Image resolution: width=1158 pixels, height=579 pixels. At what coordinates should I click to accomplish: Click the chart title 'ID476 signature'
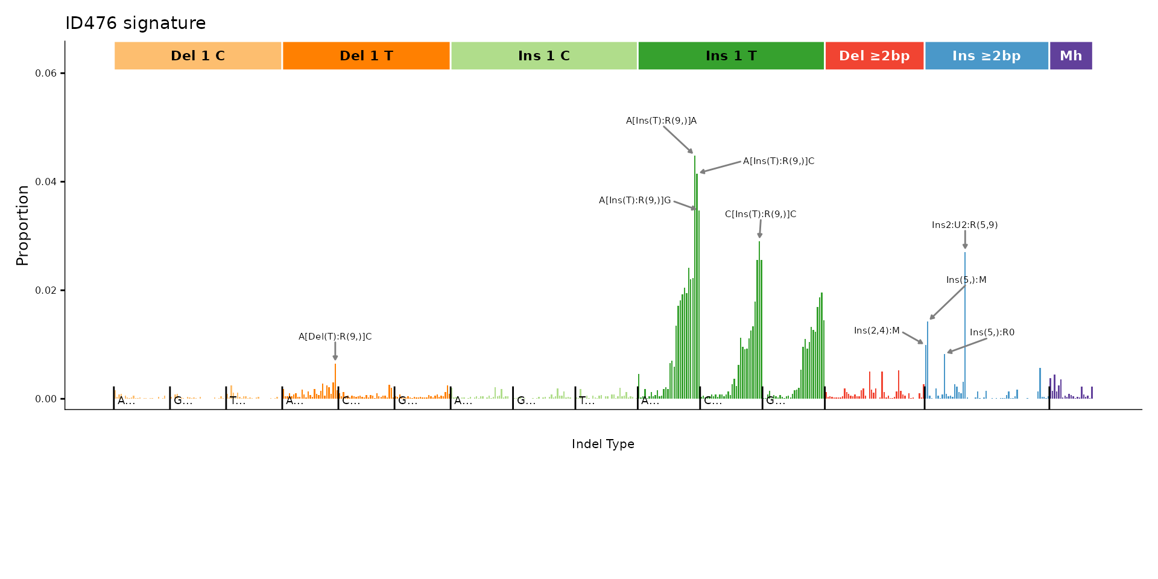tap(136, 24)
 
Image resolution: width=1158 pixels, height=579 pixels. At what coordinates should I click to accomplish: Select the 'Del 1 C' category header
tap(198, 56)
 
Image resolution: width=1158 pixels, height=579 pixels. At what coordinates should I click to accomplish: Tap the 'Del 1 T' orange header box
tap(366, 56)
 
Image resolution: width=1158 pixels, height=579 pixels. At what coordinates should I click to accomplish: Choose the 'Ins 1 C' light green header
tap(544, 56)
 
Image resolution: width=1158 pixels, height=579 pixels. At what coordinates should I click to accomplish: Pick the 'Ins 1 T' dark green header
tap(731, 56)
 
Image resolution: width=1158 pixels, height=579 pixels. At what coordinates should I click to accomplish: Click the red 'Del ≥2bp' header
tap(874, 56)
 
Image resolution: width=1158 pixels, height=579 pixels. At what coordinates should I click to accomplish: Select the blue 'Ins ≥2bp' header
tap(986, 56)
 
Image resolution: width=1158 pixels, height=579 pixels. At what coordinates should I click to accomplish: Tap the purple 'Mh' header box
tap(1071, 56)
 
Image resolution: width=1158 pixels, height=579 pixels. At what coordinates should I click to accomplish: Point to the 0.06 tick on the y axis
tap(46, 74)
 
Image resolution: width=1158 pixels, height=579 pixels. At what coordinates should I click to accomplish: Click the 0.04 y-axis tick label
tap(46, 182)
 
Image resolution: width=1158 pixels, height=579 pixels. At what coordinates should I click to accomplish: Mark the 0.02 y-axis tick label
tap(46, 291)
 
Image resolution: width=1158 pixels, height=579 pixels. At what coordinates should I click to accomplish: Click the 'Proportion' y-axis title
tap(23, 225)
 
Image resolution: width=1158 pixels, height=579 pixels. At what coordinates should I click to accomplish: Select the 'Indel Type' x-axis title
tap(603, 445)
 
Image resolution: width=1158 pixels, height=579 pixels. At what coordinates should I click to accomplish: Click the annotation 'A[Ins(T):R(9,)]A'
tap(661, 121)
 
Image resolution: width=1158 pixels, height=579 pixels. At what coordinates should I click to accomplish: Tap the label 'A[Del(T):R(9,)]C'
tap(335, 337)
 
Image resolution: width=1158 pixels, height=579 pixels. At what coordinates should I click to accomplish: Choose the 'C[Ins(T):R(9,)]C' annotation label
tap(760, 214)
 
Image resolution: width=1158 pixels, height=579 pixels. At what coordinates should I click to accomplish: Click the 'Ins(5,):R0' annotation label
tap(992, 332)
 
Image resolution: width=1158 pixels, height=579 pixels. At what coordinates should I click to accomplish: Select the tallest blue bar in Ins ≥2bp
tap(965, 326)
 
